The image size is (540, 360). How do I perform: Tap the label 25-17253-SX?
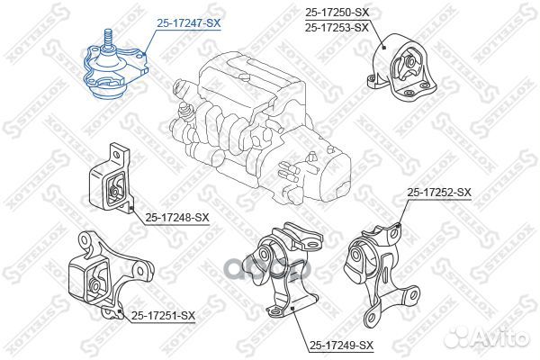pyautogui.click(x=337, y=28)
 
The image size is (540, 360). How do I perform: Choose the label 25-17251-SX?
pyautogui.click(x=162, y=315)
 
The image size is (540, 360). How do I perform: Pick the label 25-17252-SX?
pyautogui.click(x=439, y=193)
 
